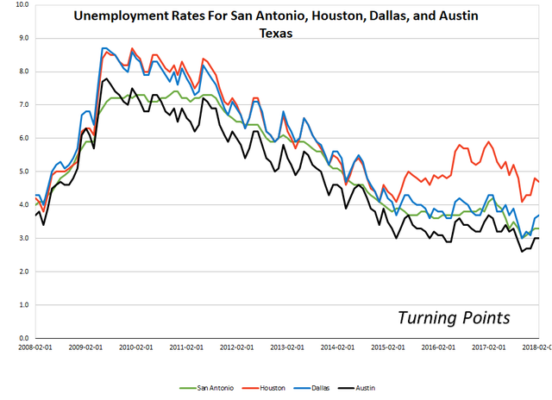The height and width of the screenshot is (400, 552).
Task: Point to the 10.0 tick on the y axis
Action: (x=22, y=5)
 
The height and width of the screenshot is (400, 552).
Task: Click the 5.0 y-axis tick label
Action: (x=23, y=172)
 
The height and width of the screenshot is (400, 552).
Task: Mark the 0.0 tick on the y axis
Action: (x=23, y=338)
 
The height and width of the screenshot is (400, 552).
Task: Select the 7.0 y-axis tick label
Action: (x=23, y=105)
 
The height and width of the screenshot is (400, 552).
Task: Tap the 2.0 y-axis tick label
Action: (x=23, y=272)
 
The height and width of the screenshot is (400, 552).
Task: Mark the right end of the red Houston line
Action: (x=540, y=182)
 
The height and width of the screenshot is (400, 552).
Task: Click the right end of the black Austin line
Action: (x=540, y=238)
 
